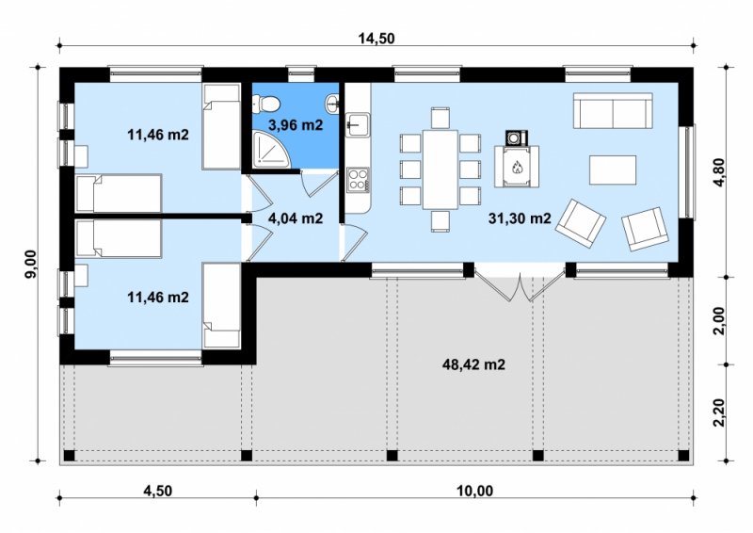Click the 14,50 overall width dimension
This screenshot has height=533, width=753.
pyautogui.click(x=376, y=38)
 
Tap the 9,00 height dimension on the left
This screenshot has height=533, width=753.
pyautogui.click(x=31, y=264)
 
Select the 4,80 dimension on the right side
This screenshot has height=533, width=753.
pyautogui.click(x=720, y=173)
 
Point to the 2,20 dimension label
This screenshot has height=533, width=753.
pyautogui.click(x=719, y=412)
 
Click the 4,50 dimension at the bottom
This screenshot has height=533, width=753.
pyautogui.click(x=157, y=491)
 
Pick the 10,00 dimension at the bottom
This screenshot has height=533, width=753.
pyautogui.click(x=475, y=491)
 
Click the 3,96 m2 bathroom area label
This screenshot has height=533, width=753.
pyautogui.click(x=296, y=125)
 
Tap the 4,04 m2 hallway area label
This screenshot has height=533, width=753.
pyautogui.click(x=296, y=218)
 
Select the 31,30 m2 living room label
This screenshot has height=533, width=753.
pyautogui.click(x=520, y=218)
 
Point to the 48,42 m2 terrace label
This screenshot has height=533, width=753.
pyautogui.click(x=473, y=364)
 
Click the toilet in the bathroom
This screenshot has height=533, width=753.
pyautogui.click(x=266, y=104)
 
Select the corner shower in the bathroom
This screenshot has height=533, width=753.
pyautogui.click(x=271, y=150)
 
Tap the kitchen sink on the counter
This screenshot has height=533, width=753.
pyautogui.click(x=358, y=125)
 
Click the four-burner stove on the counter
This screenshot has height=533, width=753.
pyautogui.click(x=358, y=180)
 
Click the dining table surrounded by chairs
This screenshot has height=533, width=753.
pyautogui.click(x=440, y=170)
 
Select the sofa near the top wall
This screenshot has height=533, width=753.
pyautogui.click(x=613, y=110)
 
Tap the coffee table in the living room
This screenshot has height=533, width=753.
pyautogui.click(x=613, y=170)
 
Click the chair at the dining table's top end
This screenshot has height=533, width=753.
pyautogui.click(x=440, y=119)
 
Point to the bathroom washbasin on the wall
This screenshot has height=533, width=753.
pyautogui.click(x=333, y=102)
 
